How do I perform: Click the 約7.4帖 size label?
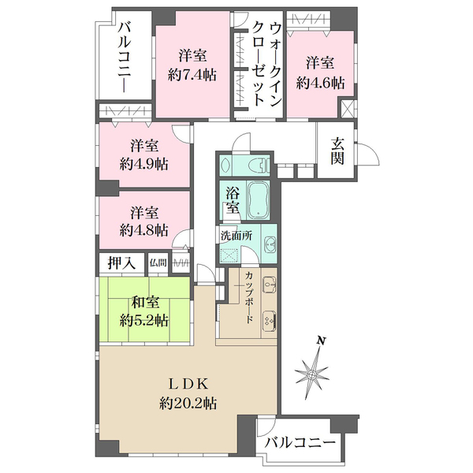192,76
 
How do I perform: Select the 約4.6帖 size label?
320,82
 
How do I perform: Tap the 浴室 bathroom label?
233,199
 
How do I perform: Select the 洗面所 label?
236,235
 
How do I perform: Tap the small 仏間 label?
158,263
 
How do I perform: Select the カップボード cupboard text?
248,300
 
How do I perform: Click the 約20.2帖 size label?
188,403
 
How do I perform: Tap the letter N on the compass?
320,341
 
